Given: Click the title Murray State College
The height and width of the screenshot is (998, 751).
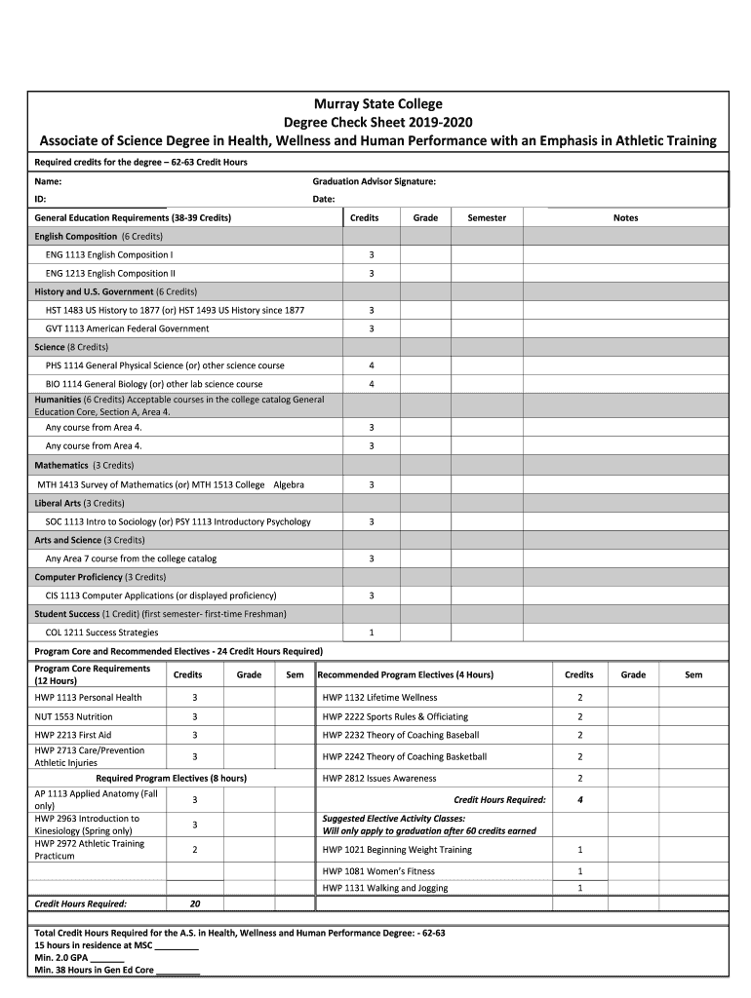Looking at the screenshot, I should [x=376, y=103].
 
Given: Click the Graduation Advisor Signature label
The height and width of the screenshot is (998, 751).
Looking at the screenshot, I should [x=374, y=181].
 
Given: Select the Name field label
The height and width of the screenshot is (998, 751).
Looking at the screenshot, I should [x=49, y=181].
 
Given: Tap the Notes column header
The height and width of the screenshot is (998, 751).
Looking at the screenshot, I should [x=625, y=217].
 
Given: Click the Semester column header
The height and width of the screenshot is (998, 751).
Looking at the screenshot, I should [x=486, y=217].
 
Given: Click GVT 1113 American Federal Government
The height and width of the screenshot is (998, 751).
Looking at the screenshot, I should [x=127, y=328].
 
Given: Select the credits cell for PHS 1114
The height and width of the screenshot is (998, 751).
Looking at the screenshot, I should [x=371, y=365].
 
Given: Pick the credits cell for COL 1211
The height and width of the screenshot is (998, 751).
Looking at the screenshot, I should [x=371, y=633].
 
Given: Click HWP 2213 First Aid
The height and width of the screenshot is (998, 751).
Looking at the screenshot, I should [x=73, y=735].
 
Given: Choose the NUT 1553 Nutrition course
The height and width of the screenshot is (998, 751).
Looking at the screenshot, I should [x=73, y=716].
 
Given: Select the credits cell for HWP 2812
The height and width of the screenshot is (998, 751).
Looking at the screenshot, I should [x=579, y=778].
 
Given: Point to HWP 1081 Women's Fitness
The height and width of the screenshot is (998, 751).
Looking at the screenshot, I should [x=378, y=871].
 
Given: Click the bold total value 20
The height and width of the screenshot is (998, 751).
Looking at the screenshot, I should [x=195, y=903].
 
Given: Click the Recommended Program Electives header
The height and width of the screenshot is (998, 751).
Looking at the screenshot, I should [x=407, y=674].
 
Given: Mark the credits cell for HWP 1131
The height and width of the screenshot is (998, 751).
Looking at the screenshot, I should [x=579, y=888].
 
